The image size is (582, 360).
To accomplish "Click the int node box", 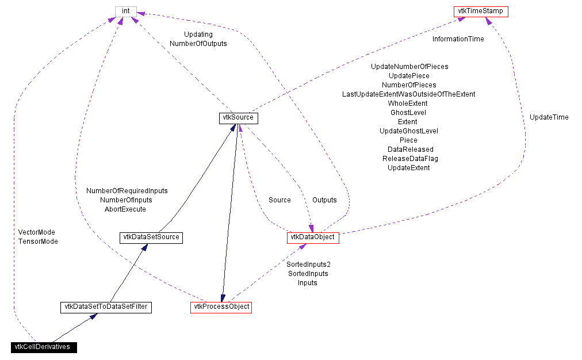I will [125, 12].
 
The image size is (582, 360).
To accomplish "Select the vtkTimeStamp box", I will [481, 12].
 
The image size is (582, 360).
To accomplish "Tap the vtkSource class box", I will [238, 118].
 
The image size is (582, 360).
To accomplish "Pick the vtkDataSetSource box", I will [151, 237].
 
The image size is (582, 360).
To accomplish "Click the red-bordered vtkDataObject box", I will [312, 237].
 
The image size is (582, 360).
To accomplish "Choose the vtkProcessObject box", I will [221, 307].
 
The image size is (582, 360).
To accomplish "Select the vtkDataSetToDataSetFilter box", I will [105, 307].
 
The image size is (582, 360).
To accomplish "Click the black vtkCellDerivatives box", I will [44, 347].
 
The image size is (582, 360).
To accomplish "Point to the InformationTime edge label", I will [458, 39].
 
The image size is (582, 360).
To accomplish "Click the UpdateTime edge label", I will [549, 117].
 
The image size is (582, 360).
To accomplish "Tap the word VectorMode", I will [37, 232].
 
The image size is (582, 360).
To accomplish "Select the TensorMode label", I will [38, 242].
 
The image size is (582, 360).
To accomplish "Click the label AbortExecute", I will [125, 209].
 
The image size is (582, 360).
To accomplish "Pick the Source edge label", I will [279, 200].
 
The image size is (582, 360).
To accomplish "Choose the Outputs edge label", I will [324, 200].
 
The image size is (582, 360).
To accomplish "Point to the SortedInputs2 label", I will [308, 265].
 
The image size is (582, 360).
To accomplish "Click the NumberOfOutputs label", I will [198, 44].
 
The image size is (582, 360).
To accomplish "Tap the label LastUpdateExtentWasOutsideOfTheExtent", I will [408, 94].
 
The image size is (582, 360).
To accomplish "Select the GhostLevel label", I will [408, 113].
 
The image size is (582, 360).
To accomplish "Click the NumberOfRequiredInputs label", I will [127, 191].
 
